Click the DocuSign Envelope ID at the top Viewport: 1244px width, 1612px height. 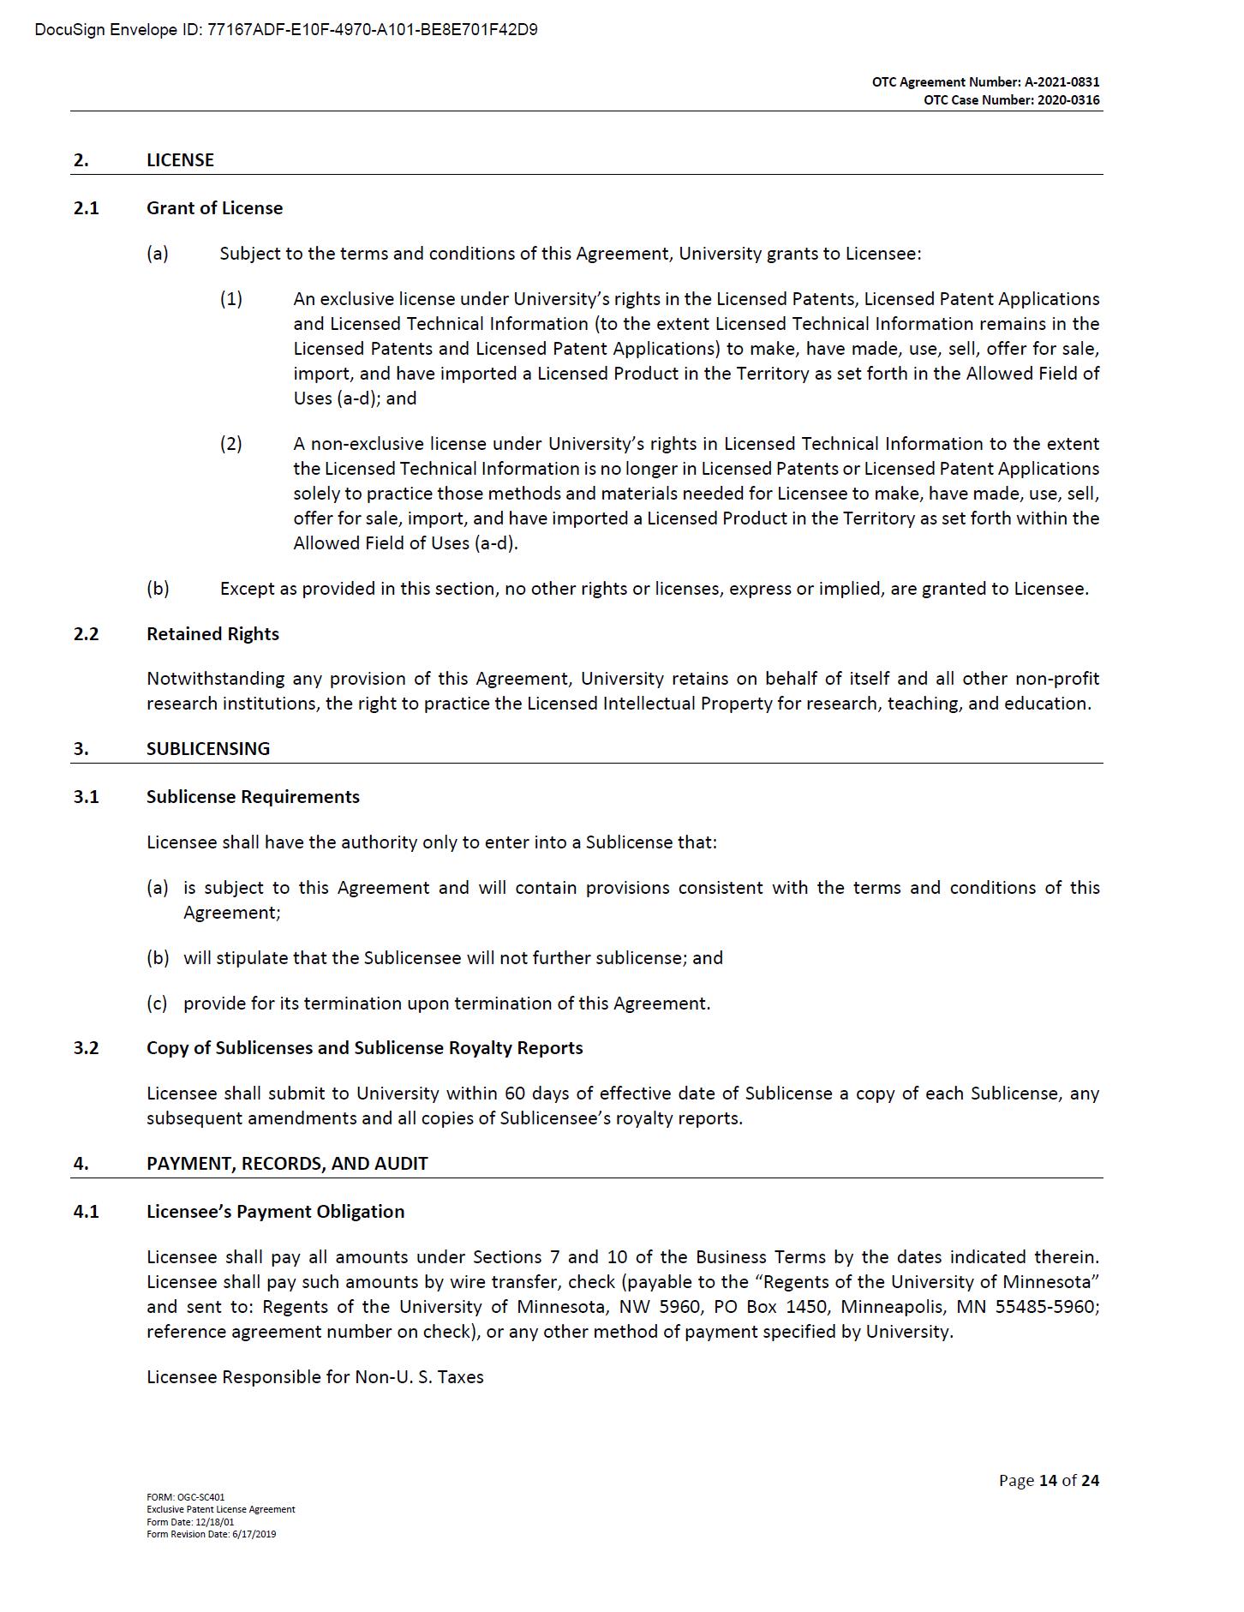[286, 30]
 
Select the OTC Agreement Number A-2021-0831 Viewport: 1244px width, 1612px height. [985, 82]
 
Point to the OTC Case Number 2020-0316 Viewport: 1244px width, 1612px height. [1011, 100]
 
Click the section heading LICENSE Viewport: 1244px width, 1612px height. [180, 160]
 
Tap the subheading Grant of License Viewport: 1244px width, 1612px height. [214, 208]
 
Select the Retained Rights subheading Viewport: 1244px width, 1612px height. [212, 634]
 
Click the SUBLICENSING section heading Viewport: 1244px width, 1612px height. [207, 749]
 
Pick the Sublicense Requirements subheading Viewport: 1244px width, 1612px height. [253, 797]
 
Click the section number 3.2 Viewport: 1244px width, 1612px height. [86, 1048]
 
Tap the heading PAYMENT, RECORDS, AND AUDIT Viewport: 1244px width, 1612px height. [287, 1164]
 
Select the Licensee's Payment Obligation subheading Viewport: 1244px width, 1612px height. [275, 1212]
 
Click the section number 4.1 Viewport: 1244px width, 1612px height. [86, 1212]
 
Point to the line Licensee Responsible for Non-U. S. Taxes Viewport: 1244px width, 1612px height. [314, 1377]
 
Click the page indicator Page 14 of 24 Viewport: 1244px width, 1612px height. [1048, 1480]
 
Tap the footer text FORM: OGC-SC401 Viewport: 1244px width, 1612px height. [185, 1497]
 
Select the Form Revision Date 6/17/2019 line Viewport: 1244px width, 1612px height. [211, 1534]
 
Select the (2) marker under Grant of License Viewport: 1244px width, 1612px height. [230, 444]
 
